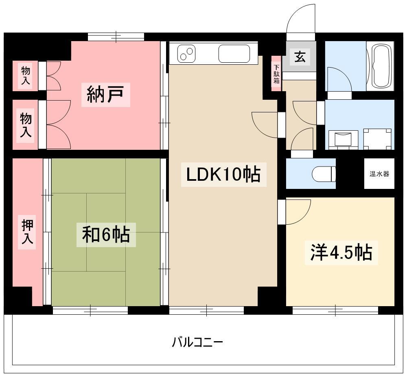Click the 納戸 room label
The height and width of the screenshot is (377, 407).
click(106, 95)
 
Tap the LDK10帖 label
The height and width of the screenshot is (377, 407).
click(224, 175)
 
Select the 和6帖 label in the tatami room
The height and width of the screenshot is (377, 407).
click(106, 235)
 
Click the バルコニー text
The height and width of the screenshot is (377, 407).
click(197, 342)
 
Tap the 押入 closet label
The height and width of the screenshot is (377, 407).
click(27, 232)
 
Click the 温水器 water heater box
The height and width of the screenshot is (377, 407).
click(379, 173)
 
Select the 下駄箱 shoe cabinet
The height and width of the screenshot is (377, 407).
click(276, 74)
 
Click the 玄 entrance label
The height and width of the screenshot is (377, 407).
click(300, 57)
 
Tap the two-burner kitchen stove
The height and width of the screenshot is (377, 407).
click(186, 54)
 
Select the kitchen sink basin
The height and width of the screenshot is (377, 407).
click(234, 54)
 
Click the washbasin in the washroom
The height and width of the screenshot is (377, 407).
click(343, 139)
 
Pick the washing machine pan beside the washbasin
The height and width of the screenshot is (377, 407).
click(377, 139)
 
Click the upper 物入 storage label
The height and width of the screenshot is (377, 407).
click(25, 75)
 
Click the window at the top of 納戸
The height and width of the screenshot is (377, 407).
click(116, 37)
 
